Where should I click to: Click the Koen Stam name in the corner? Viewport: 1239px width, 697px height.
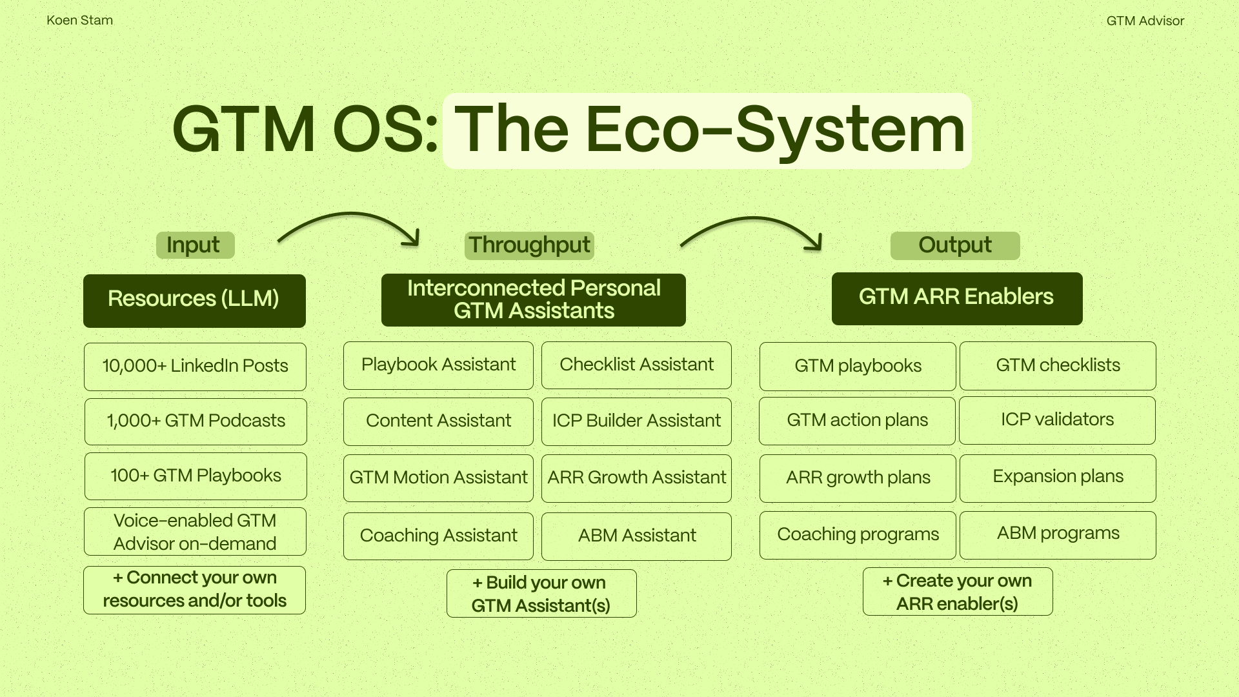79,20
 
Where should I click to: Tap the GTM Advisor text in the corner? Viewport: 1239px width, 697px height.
1145,21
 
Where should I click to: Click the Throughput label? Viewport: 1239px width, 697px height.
529,245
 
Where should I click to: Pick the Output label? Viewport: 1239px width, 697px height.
955,245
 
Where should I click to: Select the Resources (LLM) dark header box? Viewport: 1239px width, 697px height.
194,300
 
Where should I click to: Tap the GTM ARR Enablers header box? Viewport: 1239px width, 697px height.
956,298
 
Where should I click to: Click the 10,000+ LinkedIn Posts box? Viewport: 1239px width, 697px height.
195,366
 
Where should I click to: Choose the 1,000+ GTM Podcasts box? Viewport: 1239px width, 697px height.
196,421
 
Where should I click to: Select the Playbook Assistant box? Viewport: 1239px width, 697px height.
438,365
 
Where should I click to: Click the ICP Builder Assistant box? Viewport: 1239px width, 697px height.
636,421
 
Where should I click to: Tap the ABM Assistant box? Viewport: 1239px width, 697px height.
636,536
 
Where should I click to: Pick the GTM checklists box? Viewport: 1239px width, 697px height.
1058,365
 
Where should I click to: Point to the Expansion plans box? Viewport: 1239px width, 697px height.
1058,478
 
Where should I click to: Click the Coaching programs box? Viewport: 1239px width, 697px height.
858,535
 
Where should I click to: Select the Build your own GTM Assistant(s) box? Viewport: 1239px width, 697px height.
541,593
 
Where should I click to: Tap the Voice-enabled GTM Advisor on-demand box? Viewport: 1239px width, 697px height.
195,531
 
